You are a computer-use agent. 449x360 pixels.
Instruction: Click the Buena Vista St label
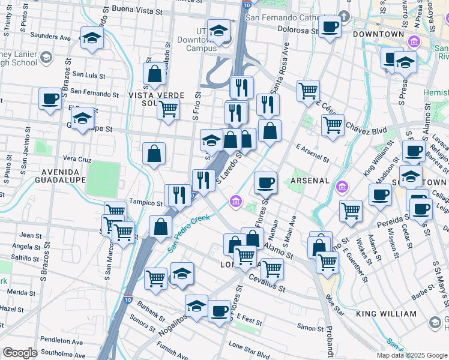click(x=137, y=11)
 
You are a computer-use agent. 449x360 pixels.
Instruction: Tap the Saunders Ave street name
click(x=50, y=37)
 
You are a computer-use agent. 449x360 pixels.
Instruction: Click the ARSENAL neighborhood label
click(x=310, y=181)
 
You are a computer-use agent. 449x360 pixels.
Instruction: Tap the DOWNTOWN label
click(x=378, y=34)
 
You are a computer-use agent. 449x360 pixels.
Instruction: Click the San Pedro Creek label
click(x=188, y=233)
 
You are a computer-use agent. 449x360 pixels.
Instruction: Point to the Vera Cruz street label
click(x=76, y=159)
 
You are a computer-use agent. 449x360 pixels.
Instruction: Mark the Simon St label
click(x=311, y=328)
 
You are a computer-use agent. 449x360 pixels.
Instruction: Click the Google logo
click(x=20, y=353)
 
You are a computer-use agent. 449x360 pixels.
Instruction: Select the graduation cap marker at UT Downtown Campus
click(x=219, y=31)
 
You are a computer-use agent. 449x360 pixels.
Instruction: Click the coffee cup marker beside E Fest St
click(x=220, y=311)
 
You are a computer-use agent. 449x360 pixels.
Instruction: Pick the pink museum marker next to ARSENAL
click(x=342, y=187)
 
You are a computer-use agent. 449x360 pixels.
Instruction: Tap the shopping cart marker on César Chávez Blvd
click(x=333, y=125)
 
